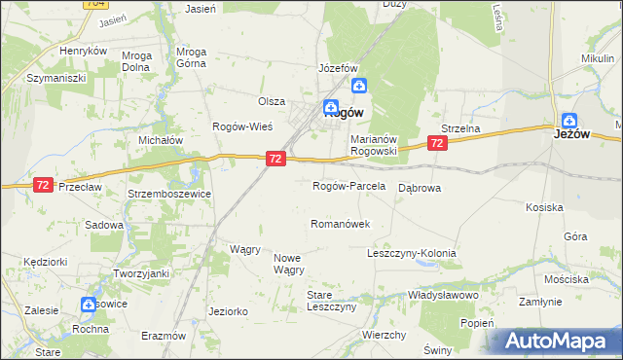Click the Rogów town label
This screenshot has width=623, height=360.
pos(344,112)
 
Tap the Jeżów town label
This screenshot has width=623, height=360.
pos(573,134)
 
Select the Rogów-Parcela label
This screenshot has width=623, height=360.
pos(348,186)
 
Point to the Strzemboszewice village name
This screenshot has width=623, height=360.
pos(170,194)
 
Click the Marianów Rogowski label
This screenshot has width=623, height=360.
pos(375,144)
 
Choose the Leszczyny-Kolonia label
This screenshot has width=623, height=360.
pos(411,253)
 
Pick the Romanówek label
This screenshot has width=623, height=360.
pos(340,224)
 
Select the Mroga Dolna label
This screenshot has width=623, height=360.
pos(136,62)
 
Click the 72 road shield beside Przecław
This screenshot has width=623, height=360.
pos(43,185)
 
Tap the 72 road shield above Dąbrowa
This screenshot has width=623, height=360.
pos(437,143)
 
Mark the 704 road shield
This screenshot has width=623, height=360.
pos(93,4)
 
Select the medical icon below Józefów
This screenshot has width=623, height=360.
pos(358,86)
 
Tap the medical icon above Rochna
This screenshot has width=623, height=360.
pos(90,304)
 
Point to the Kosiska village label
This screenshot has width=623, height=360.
pos(544,208)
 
